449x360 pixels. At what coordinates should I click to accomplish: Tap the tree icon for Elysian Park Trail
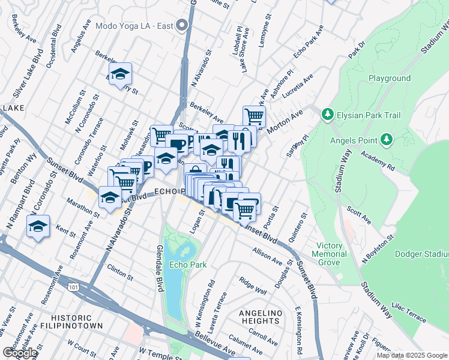point(327,113)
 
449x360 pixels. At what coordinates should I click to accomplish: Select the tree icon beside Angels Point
point(387,140)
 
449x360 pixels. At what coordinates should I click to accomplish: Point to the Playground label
point(390,79)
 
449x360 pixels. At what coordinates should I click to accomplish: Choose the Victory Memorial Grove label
point(332,254)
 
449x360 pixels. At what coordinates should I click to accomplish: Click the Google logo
point(20,353)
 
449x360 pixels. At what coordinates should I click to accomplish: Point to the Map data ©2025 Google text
point(411,355)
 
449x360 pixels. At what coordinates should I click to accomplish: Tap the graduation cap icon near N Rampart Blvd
point(38,227)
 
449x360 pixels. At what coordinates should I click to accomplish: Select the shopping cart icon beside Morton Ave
point(254,115)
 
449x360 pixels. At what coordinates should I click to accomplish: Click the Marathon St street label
point(83,207)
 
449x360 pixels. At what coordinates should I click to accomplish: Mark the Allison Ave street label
point(267,256)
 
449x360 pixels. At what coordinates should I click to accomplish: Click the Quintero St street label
point(298,228)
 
